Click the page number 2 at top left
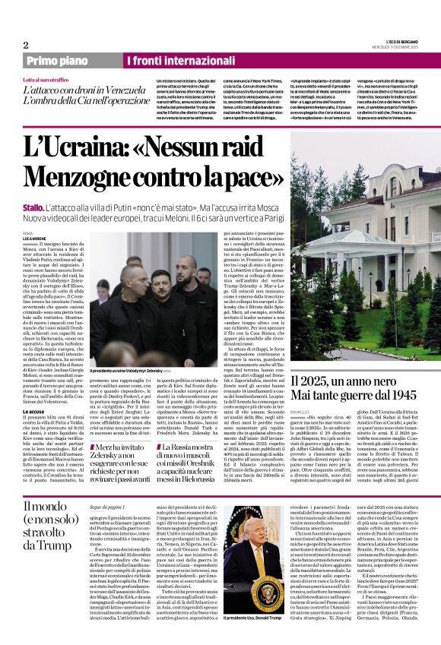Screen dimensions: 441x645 tap(26, 45)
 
